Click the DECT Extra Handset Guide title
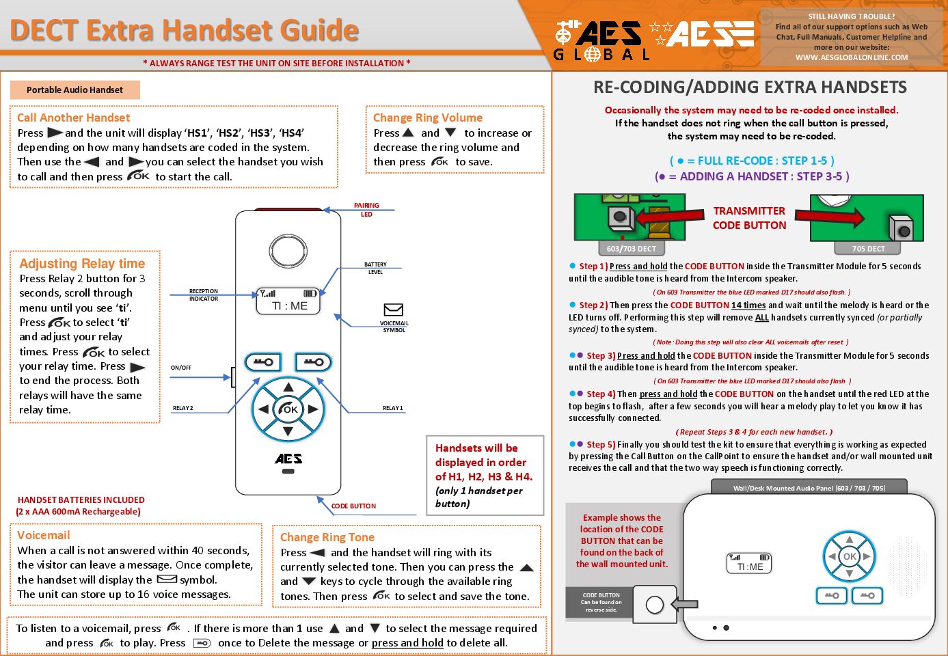point(185,31)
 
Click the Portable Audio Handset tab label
point(75,90)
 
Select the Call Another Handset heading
point(73,118)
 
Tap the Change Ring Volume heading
point(427,118)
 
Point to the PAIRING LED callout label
point(366,210)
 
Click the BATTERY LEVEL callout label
point(375,268)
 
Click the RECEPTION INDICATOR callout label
point(204,295)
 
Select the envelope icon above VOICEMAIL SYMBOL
point(394,310)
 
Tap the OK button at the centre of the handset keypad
point(288,409)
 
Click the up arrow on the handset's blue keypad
point(288,387)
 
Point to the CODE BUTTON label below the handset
point(353,506)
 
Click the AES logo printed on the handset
point(288,459)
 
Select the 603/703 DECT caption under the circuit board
point(631,249)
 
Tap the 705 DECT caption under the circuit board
point(868,249)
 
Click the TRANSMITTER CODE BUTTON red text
point(749,218)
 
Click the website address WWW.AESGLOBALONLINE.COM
point(851,57)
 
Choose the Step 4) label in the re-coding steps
point(601,394)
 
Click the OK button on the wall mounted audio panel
point(850,556)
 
